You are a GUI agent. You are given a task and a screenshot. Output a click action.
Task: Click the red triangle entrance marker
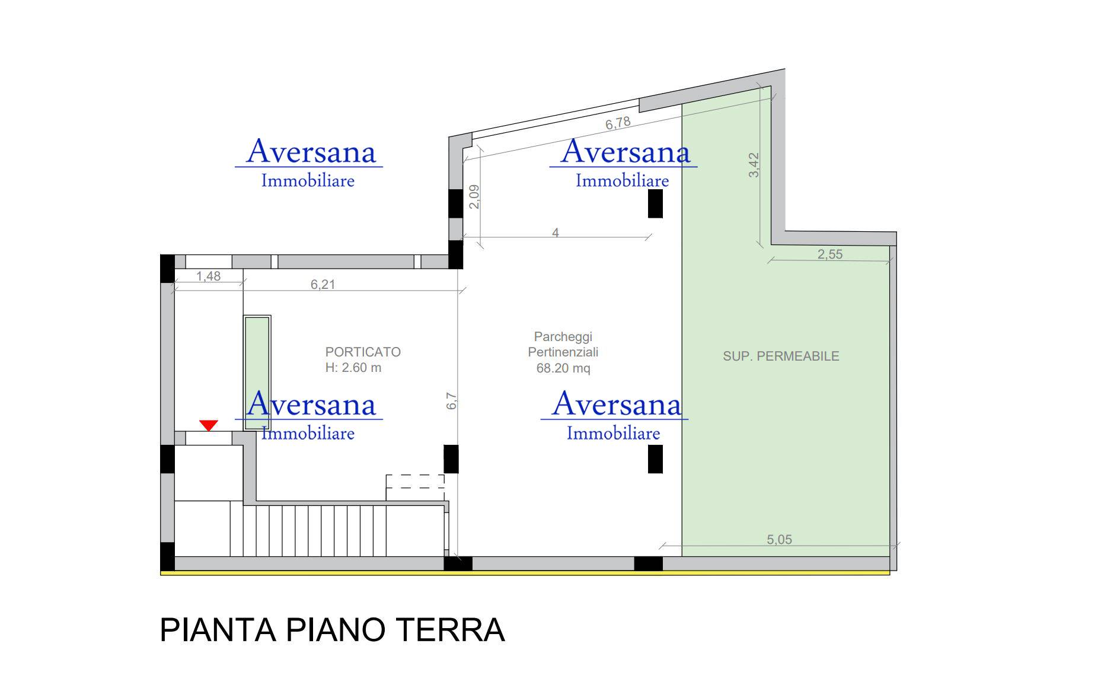point(209,425)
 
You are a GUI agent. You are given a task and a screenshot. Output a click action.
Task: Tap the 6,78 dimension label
point(618,123)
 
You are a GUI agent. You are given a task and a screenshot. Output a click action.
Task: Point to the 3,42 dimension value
point(754,165)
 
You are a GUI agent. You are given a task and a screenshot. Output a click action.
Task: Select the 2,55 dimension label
point(830,254)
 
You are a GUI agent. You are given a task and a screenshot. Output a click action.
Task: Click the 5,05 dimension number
point(779,540)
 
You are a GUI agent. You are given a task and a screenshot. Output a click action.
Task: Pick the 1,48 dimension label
point(208,276)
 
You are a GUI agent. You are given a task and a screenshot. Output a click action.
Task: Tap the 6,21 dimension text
point(323,285)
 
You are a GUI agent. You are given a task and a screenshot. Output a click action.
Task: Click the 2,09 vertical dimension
point(474,197)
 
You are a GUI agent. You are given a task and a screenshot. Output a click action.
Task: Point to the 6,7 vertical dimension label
point(452,401)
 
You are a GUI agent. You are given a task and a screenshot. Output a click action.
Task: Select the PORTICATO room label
point(363,352)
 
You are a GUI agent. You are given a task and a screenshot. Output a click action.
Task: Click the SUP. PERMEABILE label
point(781,356)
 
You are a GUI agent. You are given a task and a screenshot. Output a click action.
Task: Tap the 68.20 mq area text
point(563,368)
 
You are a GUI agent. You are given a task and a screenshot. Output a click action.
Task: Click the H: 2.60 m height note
point(353,368)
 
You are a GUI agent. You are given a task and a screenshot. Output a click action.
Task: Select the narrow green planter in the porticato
point(257,373)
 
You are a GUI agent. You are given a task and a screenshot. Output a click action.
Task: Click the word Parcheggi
point(563,337)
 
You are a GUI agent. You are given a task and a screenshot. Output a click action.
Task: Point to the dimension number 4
point(556,233)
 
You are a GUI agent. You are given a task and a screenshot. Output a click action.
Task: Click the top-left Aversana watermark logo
point(309,162)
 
